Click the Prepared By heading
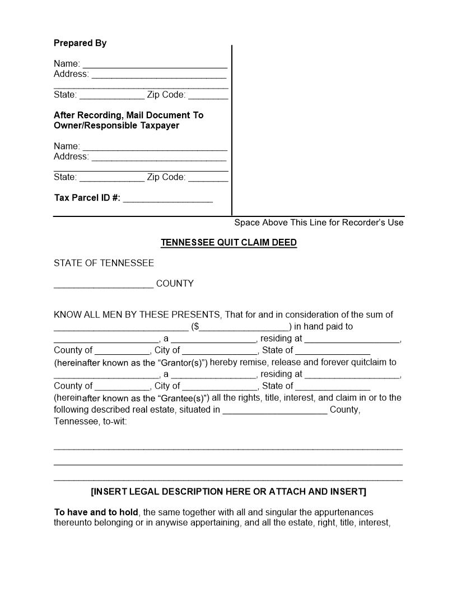pyautogui.click(x=80, y=43)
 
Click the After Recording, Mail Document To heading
pyautogui.click(x=128, y=115)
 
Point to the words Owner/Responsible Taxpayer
pyautogui.click(x=116, y=126)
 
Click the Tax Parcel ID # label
pyautogui.click(x=87, y=198)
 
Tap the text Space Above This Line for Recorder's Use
pyautogui.click(x=319, y=223)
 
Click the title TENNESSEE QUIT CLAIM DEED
pyautogui.click(x=228, y=243)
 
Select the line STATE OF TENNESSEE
pyautogui.click(x=104, y=263)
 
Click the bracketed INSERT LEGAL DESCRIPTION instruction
pyautogui.click(x=228, y=492)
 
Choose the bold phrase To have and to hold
pyautogui.click(x=96, y=512)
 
